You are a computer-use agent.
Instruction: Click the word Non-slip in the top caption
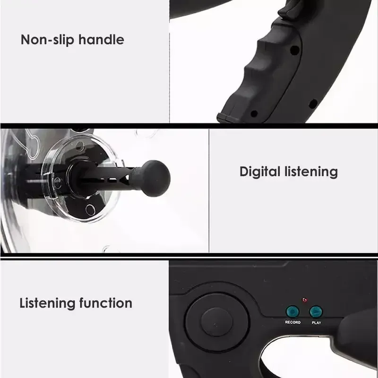(x=41, y=40)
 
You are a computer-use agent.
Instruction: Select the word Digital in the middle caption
(x=260, y=172)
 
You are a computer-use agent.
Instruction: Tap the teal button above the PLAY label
(x=316, y=312)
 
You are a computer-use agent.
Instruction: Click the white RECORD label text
(x=292, y=322)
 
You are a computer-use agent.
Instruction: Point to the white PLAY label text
(x=316, y=322)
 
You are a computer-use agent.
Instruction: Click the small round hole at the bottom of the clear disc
(x=90, y=208)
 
